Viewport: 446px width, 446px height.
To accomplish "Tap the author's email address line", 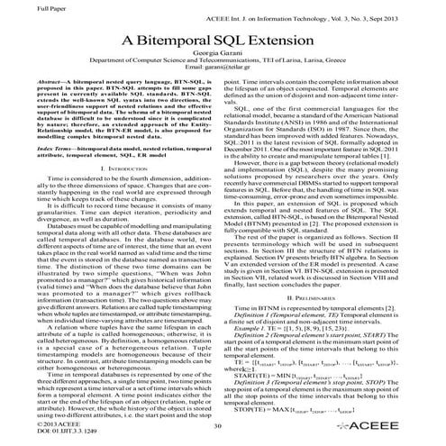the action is (x=223, y=77).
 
